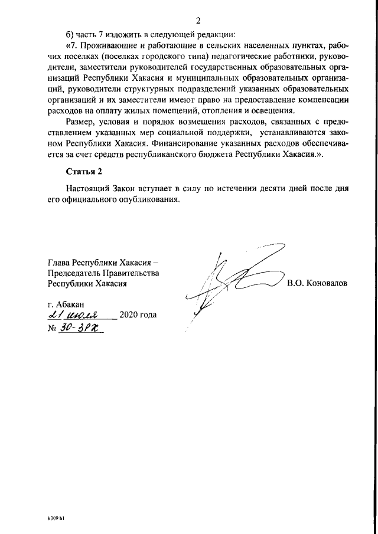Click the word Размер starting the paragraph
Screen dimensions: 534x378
82,123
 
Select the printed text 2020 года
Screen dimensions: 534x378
138,315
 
